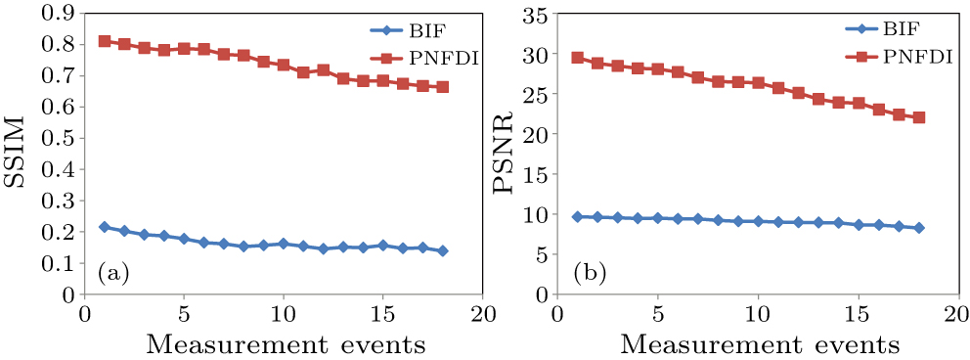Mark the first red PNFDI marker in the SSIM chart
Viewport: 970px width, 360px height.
click(104, 41)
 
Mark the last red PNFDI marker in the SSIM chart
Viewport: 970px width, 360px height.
click(443, 87)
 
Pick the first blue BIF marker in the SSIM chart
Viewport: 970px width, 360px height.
click(104, 227)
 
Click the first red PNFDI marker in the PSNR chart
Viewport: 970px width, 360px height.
click(577, 58)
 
